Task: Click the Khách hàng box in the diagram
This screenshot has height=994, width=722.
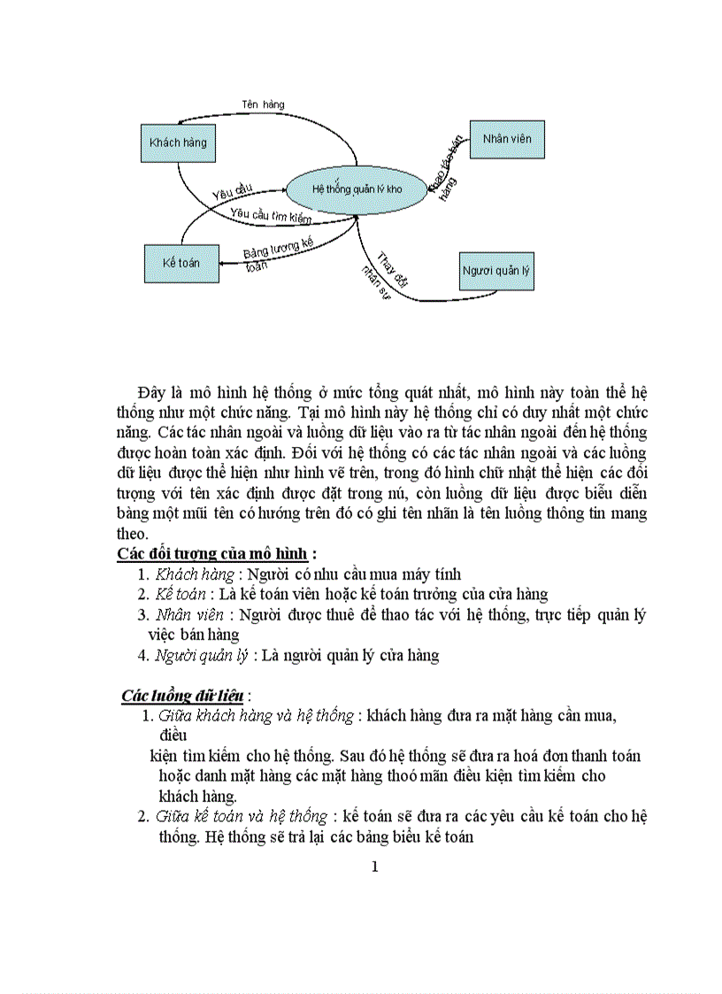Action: [x=178, y=143]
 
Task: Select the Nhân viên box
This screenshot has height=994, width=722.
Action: [x=507, y=139]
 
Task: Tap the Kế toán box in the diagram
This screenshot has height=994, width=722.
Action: [x=181, y=263]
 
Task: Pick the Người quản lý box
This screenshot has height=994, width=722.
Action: [x=496, y=271]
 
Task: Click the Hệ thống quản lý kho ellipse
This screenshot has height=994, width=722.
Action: [x=357, y=189]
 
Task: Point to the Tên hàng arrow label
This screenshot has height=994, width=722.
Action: [x=264, y=104]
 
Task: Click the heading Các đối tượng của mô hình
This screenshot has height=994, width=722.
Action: [x=212, y=554]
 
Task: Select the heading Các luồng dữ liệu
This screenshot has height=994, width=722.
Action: [x=182, y=696]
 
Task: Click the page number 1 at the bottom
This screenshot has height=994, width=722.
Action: [x=374, y=867]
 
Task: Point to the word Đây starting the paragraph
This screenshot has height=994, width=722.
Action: [x=151, y=391]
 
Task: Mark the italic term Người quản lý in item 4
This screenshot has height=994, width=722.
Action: [x=202, y=656]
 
